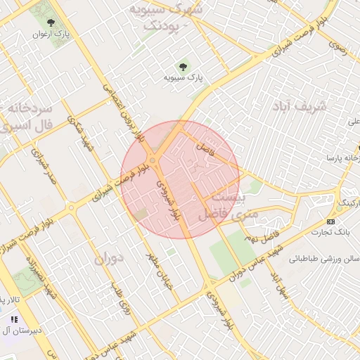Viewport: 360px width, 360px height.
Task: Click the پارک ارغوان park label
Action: coord(50,34)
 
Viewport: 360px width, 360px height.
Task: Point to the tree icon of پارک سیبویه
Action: coord(184,67)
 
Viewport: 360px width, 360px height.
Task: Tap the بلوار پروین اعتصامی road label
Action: coord(122,112)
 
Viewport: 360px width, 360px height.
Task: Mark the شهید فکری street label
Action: coord(80,134)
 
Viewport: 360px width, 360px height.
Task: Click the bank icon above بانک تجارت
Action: coord(331,221)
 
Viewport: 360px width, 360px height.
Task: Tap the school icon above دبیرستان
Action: coord(14,319)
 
